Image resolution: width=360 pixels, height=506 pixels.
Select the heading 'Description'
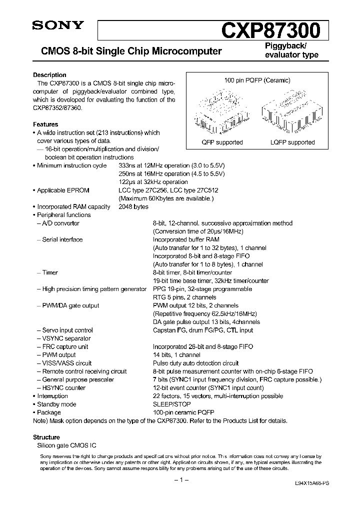pos(49,75)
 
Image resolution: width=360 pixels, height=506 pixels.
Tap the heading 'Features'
pos(46,124)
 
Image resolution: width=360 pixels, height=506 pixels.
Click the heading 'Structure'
pos(46,437)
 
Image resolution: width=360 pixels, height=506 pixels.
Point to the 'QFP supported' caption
pos(222,142)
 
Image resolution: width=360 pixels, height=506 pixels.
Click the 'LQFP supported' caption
pos(292,142)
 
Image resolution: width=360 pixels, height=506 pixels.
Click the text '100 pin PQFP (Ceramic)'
pos(257,80)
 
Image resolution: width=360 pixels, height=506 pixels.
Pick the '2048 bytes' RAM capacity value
pos(133,206)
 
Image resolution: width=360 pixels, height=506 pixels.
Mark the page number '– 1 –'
pos(179,480)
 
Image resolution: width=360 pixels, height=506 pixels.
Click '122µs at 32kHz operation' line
pos(153,182)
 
